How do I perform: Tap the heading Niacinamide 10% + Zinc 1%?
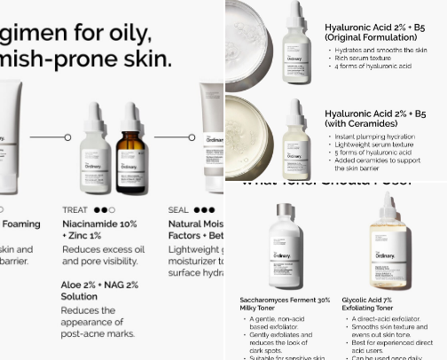pyautogui.click(x=99, y=231)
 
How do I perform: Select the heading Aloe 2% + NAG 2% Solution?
pyautogui.click(x=99, y=290)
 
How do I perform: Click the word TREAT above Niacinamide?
pyautogui.click(x=74, y=210)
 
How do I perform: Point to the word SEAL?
pyautogui.click(x=179, y=210)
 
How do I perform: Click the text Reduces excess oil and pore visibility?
pyautogui.click(x=103, y=255)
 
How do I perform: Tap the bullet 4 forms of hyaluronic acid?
pyautogui.click(x=373, y=67)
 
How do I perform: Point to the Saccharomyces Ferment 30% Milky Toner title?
pyautogui.click(x=285, y=304)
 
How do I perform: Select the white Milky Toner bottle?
pyautogui.click(x=285, y=243)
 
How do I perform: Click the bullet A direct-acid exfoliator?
pyautogui.click(x=388, y=318)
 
